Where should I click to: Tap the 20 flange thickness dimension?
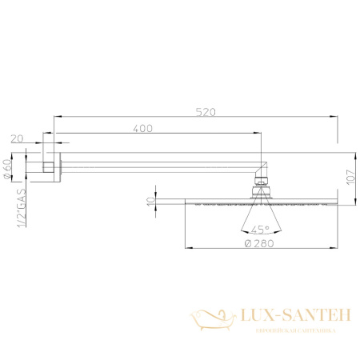(17, 138)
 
